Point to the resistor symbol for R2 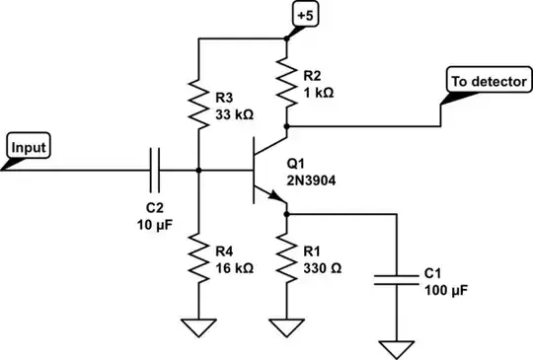click(287, 86)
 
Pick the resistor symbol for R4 click(199, 260)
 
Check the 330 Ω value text click(324, 267)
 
